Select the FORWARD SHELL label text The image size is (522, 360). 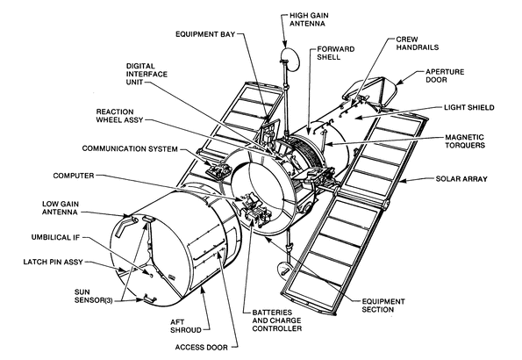(x=336, y=52)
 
